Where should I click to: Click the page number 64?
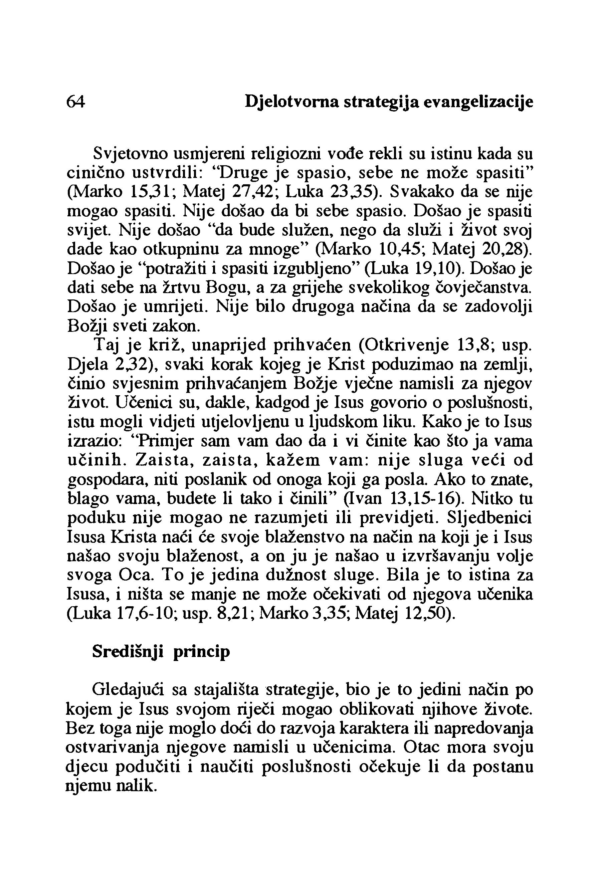click(x=76, y=102)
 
